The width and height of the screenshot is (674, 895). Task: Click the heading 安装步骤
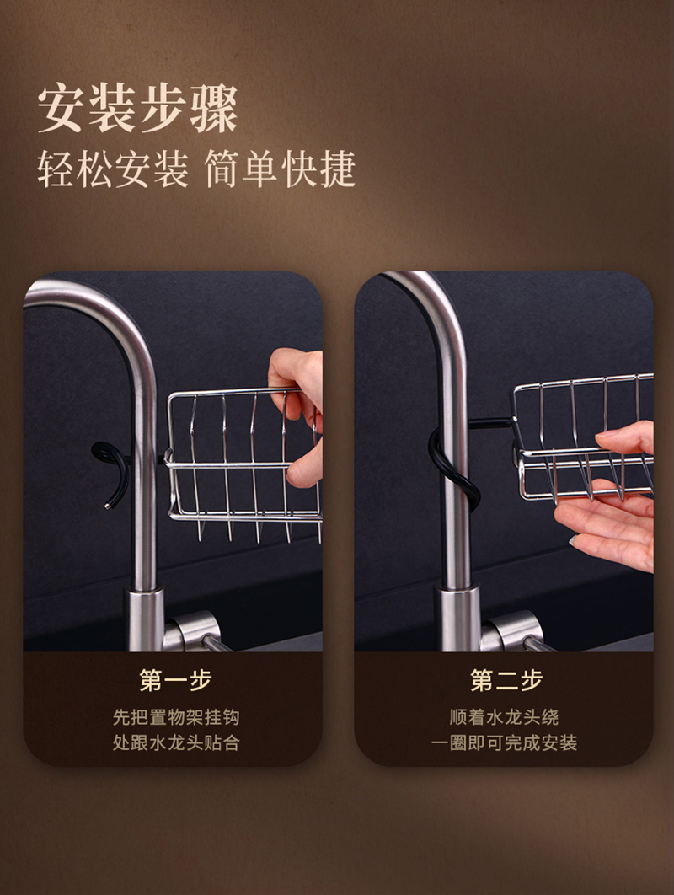pyautogui.click(x=137, y=109)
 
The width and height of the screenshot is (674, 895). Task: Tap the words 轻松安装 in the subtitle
pyautogui.click(x=113, y=169)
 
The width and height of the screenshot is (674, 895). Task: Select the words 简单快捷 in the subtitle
pyautogui.click(x=280, y=169)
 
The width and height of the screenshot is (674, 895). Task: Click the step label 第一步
pyautogui.click(x=175, y=680)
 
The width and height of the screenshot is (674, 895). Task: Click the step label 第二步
pyautogui.click(x=506, y=680)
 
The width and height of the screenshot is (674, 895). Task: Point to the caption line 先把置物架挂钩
pyautogui.click(x=176, y=717)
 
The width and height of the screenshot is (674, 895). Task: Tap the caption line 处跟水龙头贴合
pyautogui.click(x=176, y=742)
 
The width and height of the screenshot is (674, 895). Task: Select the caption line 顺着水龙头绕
pyautogui.click(x=504, y=717)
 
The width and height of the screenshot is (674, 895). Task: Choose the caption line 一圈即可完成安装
pyautogui.click(x=504, y=742)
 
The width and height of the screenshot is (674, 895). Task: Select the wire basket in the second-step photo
pyautogui.click(x=582, y=437)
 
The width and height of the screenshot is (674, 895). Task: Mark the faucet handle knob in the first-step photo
pyautogui.click(x=197, y=631)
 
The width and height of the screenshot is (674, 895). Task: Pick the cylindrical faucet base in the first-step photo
pyautogui.click(x=145, y=620)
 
